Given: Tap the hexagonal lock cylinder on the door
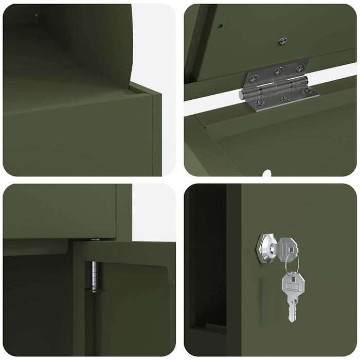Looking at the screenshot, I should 267,249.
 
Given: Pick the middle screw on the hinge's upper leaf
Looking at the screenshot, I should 278,71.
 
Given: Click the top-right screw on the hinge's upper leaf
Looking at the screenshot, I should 300,67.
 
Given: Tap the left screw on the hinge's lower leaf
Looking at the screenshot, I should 259,102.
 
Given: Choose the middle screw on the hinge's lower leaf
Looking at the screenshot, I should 285,98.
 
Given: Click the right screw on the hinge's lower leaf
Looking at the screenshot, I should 307,91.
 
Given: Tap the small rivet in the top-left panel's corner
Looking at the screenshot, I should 36,15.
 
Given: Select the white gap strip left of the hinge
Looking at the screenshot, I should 211,105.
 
